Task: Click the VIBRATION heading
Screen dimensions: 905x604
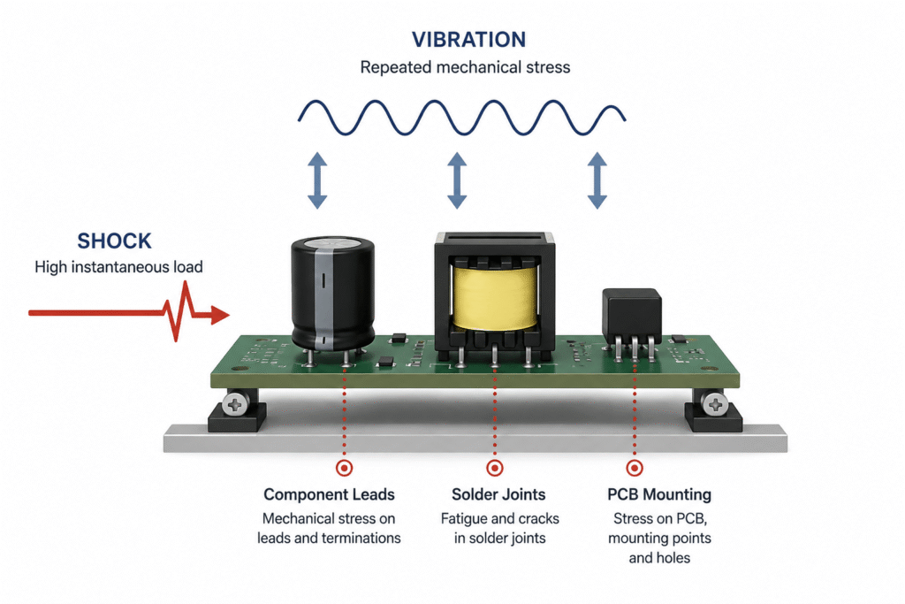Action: point(468,40)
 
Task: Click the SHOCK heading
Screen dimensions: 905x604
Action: point(114,241)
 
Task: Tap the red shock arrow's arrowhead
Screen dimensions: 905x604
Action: point(219,315)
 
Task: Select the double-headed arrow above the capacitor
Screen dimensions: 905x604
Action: point(317,180)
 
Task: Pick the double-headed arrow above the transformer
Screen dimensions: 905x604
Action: point(457,180)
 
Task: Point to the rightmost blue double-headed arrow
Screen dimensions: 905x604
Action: point(597,180)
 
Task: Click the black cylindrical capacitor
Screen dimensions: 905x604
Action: point(332,294)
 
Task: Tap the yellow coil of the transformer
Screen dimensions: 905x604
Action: point(495,297)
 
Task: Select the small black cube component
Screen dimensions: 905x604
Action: point(632,316)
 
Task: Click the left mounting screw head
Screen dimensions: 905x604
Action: point(235,405)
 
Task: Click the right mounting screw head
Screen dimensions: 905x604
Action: point(714,405)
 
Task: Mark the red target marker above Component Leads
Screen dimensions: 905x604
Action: point(345,468)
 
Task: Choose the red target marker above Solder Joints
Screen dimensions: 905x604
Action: point(495,468)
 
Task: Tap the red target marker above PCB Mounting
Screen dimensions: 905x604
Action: point(635,468)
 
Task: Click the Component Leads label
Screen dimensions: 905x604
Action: point(329,495)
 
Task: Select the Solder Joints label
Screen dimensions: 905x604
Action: point(498,495)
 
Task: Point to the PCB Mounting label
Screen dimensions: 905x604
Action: point(659,495)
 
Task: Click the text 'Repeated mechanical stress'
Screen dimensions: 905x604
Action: point(465,67)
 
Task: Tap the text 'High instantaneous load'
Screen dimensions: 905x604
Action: point(118,267)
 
